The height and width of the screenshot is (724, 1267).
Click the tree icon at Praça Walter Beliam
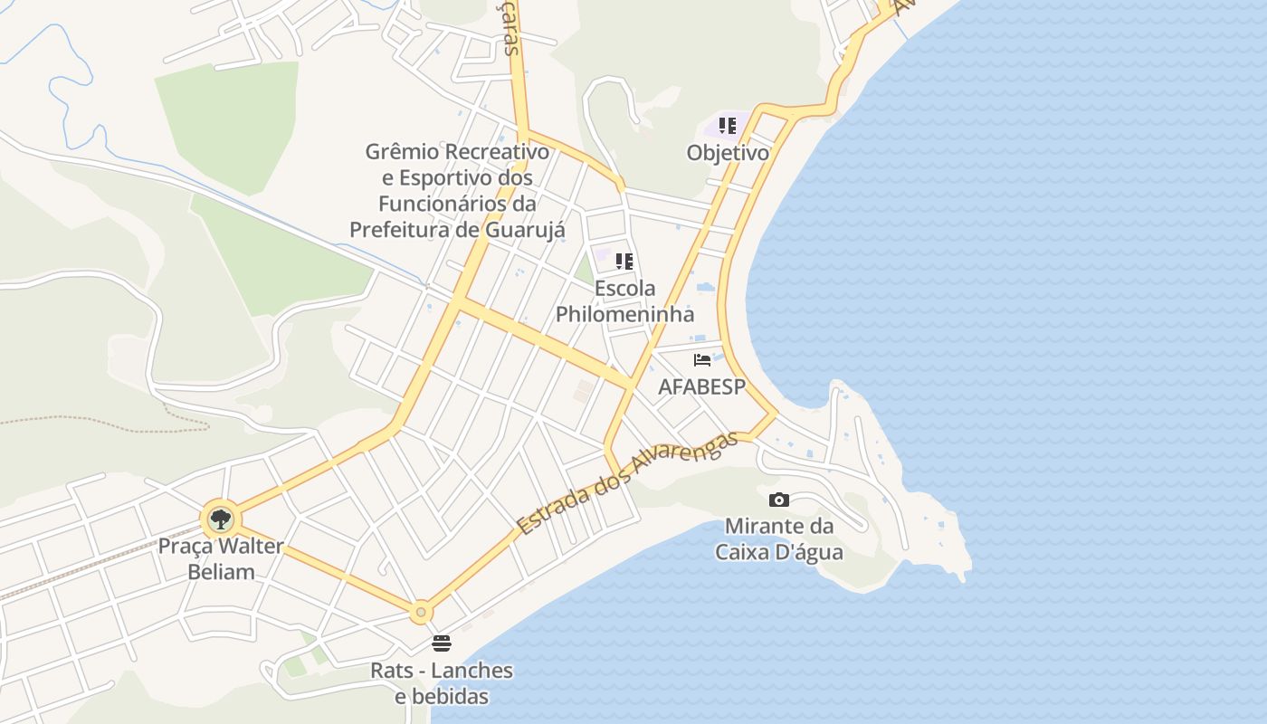pyautogui.click(x=220, y=519)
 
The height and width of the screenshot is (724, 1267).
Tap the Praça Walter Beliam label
pyautogui.click(x=220, y=559)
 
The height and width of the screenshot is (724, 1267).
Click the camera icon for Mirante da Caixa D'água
pyautogui.click(x=779, y=500)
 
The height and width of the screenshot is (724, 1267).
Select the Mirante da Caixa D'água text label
pyautogui.click(x=779, y=538)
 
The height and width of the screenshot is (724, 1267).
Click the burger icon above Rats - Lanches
pyautogui.click(x=442, y=643)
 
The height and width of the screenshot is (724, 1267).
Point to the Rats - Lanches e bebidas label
pyautogui.click(x=442, y=683)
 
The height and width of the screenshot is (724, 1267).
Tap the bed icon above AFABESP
pyautogui.click(x=702, y=360)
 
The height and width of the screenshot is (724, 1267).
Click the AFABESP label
pyautogui.click(x=702, y=387)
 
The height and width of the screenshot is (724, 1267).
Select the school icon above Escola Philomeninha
pyautogui.click(x=624, y=262)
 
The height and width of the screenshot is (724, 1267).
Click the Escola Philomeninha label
pyautogui.click(x=624, y=301)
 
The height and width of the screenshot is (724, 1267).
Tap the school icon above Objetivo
pyautogui.click(x=728, y=126)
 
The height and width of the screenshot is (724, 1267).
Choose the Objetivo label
pyautogui.click(x=728, y=153)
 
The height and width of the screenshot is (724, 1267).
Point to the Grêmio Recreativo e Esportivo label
pyautogui.click(x=457, y=190)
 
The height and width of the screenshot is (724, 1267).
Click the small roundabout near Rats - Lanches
pyautogui.click(x=420, y=613)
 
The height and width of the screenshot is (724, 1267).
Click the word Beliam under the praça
pyautogui.click(x=221, y=572)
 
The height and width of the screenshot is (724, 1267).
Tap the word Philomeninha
pyautogui.click(x=624, y=314)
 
